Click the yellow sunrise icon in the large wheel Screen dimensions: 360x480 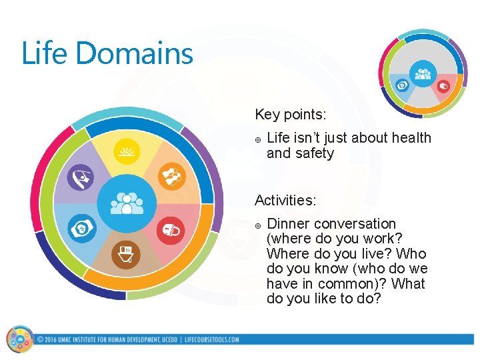point(125,153)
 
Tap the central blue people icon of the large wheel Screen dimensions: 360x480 point(126,203)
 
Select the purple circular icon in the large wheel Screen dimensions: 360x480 point(83,178)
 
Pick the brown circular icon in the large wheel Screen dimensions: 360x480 point(125,254)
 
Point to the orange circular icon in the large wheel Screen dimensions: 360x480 point(170,177)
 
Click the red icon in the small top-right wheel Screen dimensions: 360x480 point(443,85)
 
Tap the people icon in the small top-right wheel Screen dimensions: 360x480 point(422,73)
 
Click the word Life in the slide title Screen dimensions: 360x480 point(41,53)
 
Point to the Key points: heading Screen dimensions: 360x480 point(291,115)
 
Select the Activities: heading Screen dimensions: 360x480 point(285,200)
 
